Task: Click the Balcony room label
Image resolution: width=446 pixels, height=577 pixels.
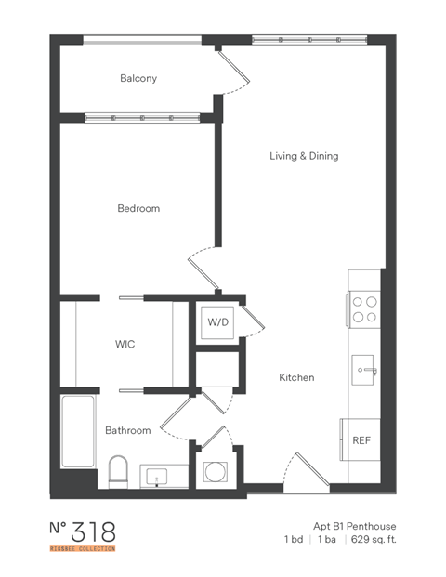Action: point(138,79)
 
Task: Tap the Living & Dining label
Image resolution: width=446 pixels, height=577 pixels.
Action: point(304,156)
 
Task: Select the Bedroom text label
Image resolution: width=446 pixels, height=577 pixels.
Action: point(138,208)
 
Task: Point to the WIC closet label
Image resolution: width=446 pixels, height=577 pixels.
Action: point(125,344)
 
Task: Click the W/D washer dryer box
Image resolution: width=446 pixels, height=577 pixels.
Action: point(217,322)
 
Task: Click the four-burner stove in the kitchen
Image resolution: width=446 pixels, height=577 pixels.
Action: point(364,308)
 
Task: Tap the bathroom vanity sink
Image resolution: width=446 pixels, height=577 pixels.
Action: point(159,477)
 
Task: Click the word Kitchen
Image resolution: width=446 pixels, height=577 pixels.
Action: point(297,378)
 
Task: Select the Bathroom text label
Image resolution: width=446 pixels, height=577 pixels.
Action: point(127,431)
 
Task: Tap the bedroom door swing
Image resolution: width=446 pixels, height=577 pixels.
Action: point(203,265)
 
